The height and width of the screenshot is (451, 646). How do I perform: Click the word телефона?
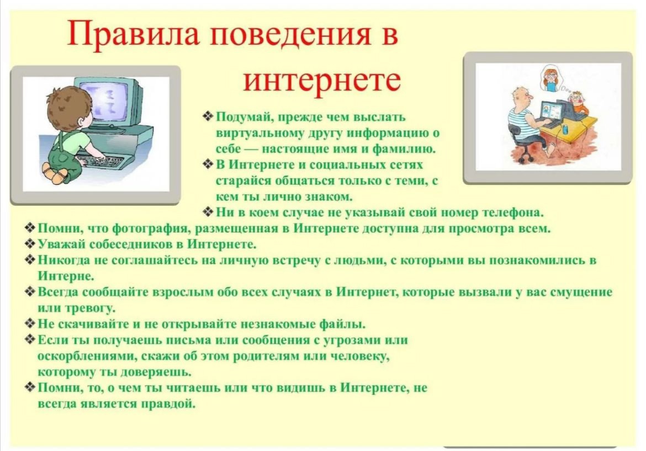click(x=513, y=213)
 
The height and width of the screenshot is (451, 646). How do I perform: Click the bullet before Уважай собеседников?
click(x=30, y=244)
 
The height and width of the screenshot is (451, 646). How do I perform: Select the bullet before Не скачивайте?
click(x=30, y=323)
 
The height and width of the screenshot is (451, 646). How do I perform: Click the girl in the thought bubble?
click(x=551, y=78)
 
